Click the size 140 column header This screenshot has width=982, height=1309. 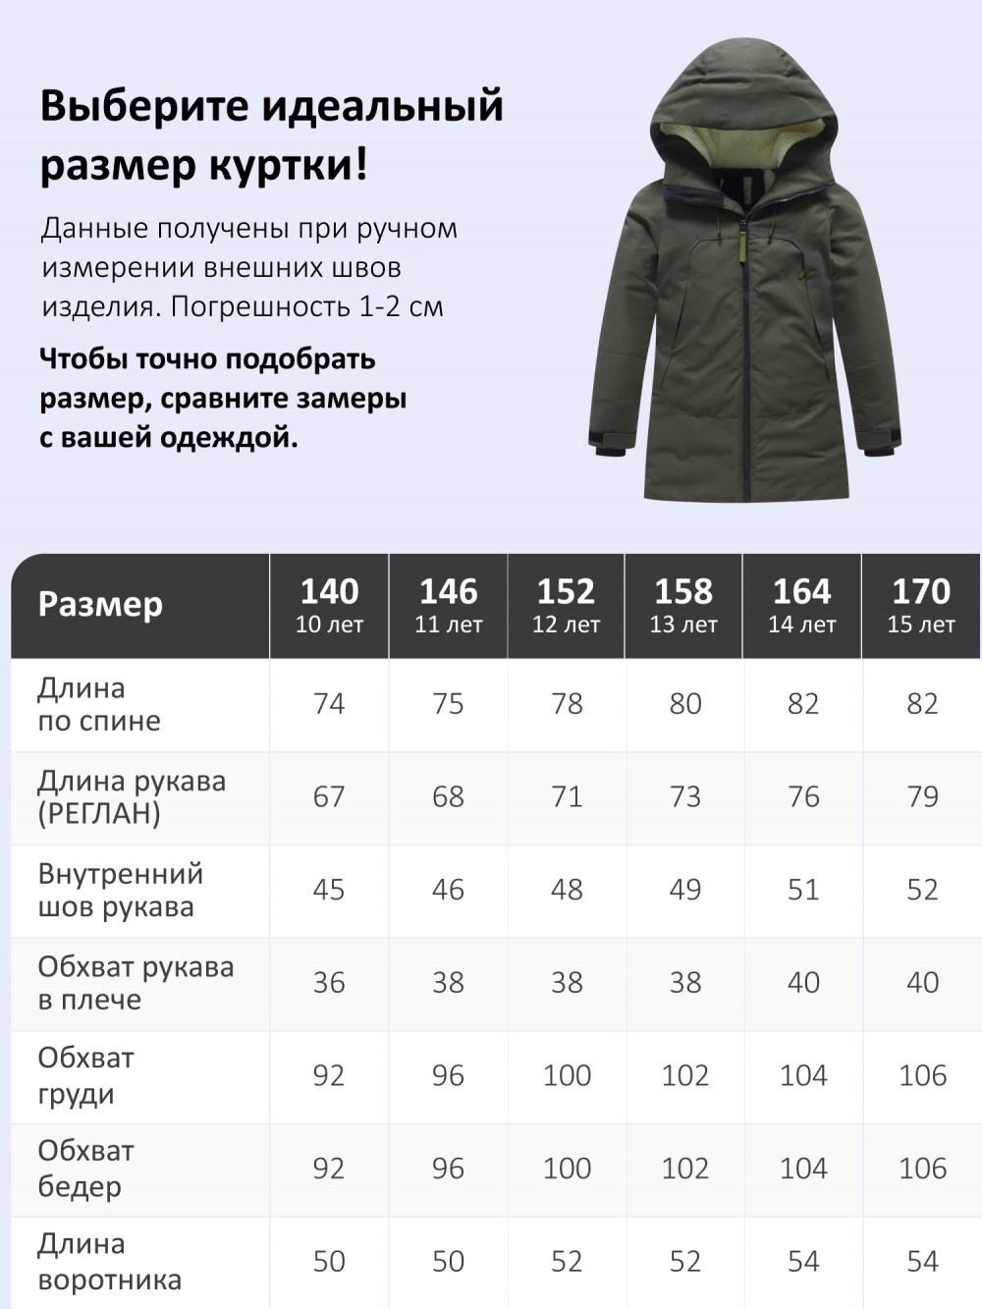[329, 604]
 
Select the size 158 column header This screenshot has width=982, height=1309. [683, 604]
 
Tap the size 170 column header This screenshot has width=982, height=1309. [921, 604]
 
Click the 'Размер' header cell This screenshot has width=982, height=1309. [100, 604]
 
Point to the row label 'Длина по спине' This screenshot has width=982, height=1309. [98, 704]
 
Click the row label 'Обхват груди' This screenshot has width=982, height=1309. [86, 1075]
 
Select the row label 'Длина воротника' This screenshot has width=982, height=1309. [109, 1262]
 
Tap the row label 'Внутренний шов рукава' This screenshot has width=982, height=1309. [120, 890]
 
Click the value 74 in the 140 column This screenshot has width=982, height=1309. [329, 704]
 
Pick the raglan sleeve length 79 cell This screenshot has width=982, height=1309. [922, 796]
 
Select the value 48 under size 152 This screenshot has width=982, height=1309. [567, 890]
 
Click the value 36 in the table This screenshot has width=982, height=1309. [329, 982]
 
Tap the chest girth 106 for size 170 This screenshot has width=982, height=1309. [922, 1075]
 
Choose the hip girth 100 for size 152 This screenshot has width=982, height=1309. [567, 1169]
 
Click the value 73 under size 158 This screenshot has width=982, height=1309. [684, 796]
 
